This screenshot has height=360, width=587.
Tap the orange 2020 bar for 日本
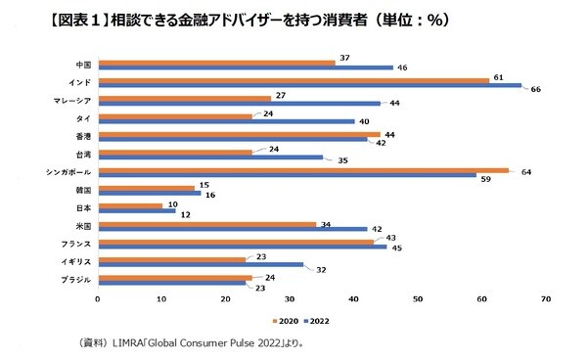pos(130,206)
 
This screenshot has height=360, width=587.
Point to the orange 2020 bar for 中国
pos(216,62)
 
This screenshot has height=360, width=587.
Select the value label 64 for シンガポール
pos(526,171)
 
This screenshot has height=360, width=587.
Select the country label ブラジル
pos(75,281)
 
